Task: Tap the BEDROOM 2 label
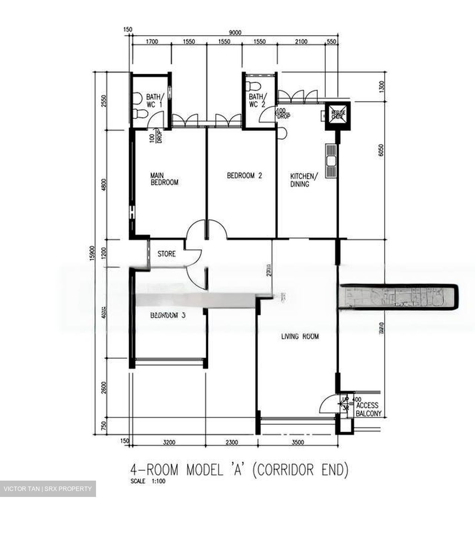244,175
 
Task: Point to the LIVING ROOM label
300,337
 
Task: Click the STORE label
166,254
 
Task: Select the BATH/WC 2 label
257,100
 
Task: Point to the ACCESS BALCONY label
367,409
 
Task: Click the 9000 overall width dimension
235,32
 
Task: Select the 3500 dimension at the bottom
298,442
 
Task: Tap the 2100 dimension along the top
301,42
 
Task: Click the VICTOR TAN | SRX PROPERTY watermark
47,489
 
